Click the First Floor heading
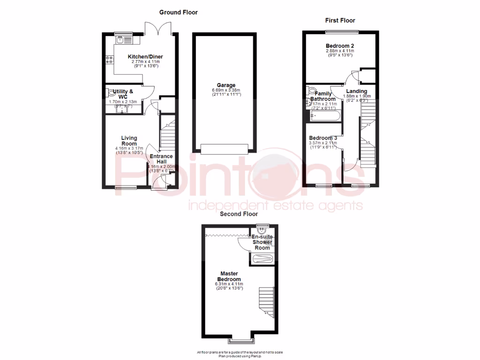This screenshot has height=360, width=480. (x=340, y=20)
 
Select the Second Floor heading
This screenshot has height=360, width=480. (x=239, y=214)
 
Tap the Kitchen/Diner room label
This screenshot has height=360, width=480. (x=145, y=57)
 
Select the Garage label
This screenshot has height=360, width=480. (x=223, y=85)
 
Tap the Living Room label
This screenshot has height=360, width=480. (x=129, y=141)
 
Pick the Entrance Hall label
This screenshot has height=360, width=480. (x=161, y=159)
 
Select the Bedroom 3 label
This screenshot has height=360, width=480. (x=323, y=138)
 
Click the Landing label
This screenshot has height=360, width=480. (x=356, y=91)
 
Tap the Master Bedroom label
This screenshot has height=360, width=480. (x=230, y=276)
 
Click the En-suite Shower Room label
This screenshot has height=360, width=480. (x=262, y=242)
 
